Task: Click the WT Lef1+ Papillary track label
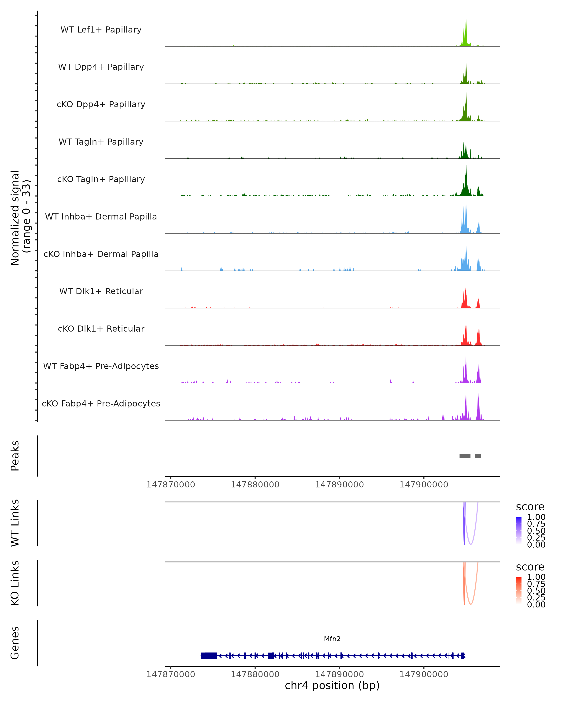click(101, 30)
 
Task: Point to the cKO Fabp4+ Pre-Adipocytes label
click(101, 403)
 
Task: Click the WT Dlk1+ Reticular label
click(101, 291)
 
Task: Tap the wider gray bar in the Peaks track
click(465, 456)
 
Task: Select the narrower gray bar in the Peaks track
click(478, 456)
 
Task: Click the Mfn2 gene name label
click(332, 639)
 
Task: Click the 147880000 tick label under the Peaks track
click(255, 485)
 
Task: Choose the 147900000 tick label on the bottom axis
click(424, 674)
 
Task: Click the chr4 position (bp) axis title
click(332, 686)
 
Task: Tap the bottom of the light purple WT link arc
click(471, 544)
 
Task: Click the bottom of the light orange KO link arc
click(471, 604)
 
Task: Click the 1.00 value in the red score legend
click(536, 577)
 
